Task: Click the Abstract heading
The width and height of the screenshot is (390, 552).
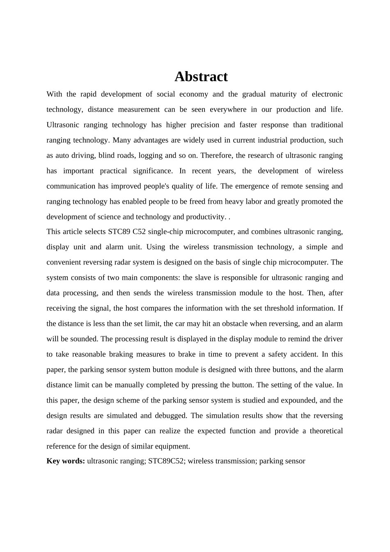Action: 201,77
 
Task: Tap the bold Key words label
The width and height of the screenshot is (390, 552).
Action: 66,461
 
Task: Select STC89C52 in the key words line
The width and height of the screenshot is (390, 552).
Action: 166,461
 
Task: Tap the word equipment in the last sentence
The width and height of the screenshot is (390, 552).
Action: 173,446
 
